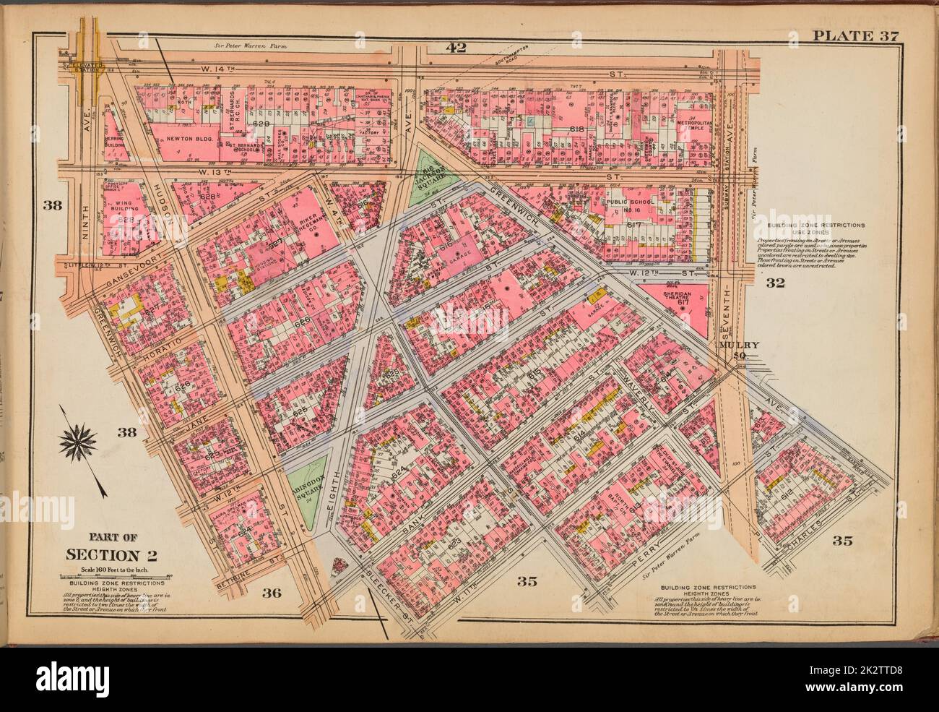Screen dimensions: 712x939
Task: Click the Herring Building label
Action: (114, 140)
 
